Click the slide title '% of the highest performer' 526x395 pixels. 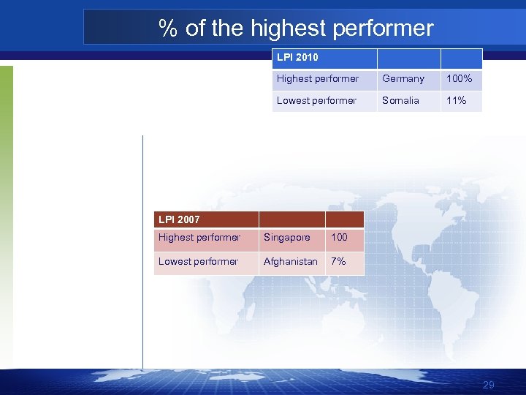click(296, 29)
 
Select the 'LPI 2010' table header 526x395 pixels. click(297, 57)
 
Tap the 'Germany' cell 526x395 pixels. click(403, 79)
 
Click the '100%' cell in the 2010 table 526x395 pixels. click(459, 79)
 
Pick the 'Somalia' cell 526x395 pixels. click(400, 101)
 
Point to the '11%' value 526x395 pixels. click(456, 101)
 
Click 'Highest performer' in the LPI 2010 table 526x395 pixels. click(318, 79)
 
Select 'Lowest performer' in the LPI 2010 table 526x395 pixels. click(316, 101)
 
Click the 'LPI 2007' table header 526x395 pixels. click(179, 219)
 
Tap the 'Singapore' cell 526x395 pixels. click(286, 238)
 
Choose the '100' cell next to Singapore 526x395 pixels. click(339, 238)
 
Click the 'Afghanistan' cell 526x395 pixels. click(290, 262)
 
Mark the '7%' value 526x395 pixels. click(338, 262)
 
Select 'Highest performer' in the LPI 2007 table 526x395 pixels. click(199, 238)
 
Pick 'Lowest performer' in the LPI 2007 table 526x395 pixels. click(198, 262)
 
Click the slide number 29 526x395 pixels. click(489, 385)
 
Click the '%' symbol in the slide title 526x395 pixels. click(169, 29)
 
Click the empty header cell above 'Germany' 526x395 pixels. click(408, 58)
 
